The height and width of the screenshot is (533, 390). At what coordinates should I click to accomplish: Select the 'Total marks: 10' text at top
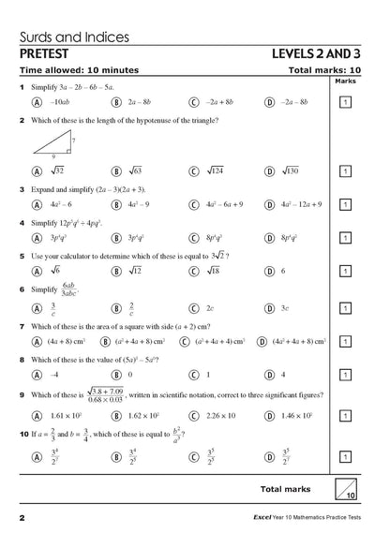coord(324,70)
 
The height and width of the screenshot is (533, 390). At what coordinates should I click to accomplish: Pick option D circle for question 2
coord(270,171)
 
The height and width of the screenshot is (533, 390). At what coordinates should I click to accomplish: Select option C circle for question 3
coord(194,204)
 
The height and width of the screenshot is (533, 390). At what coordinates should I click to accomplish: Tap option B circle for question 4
coord(116,239)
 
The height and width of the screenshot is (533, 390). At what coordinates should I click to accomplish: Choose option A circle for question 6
coord(36,307)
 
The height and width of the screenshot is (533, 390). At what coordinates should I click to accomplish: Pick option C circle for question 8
coord(194,375)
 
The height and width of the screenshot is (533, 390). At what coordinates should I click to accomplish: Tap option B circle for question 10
coord(116,457)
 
